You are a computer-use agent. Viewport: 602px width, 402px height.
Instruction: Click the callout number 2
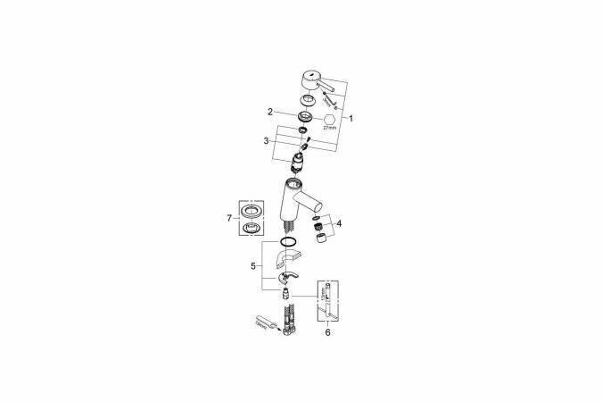pyautogui.click(x=268, y=112)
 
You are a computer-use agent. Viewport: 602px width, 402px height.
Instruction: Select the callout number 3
pyautogui.click(x=266, y=140)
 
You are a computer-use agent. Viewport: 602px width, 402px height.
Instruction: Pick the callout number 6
pyautogui.click(x=326, y=331)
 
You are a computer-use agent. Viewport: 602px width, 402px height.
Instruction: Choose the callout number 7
pyautogui.click(x=230, y=217)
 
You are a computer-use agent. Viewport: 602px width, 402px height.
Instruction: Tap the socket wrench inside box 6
pyautogui.click(x=329, y=299)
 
